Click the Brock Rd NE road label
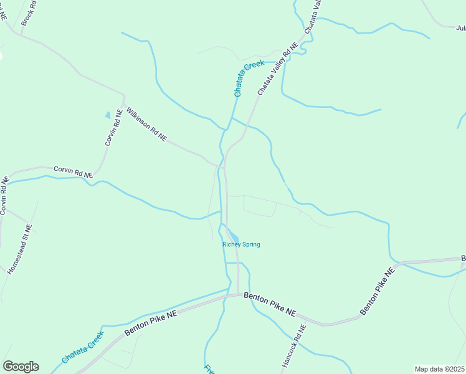coord(29,13)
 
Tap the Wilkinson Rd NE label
coord(146,124)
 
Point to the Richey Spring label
coord(241,244)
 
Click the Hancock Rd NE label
coord(293,345)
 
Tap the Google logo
coord(21,367)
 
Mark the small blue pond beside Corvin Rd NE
coord(108,115)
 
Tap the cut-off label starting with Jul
coord(461,28)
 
